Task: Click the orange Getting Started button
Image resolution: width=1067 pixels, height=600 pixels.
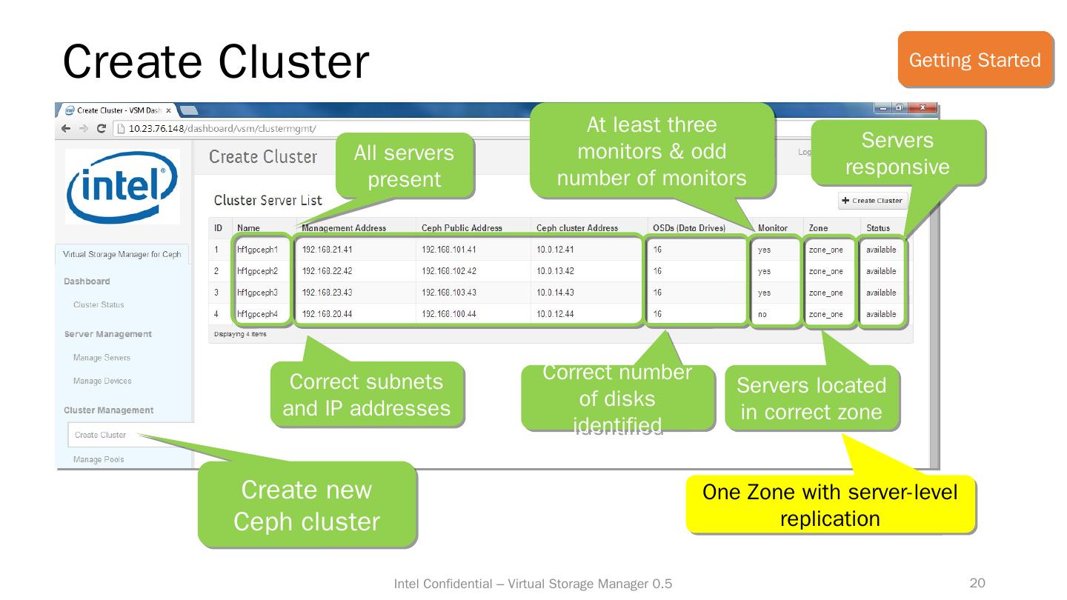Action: pyautogui.click(x=974, y=59)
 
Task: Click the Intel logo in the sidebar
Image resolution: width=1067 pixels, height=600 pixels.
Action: pyautogui.click(x=122, y=186)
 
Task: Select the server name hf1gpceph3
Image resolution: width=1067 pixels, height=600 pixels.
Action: pyautogui.click(x=257, y=293)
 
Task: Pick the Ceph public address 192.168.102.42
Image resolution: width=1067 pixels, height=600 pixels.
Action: pyautogui.click(x=449, y=271)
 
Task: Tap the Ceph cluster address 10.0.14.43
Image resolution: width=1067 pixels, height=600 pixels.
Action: pyautogui.click(x=556, y=293)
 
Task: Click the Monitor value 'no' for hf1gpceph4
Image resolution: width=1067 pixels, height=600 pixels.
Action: pyautogui.click(x=762, y=315)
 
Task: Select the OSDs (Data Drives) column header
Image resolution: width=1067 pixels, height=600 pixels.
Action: pyautogui.click(x=689, y=228)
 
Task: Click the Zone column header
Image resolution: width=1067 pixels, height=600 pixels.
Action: pyautogui.click(x=819, y=228)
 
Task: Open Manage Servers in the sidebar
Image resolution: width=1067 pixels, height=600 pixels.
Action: pyautogui.click(x=102, y=358)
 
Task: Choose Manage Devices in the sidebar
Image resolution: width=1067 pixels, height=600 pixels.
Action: pyautogui.click(x=102, y=381)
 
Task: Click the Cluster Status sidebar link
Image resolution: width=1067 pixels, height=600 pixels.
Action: pyautogui.click(x=99, y=305)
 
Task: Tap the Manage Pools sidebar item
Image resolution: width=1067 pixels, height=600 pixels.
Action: pyautogui.click(x=99, y=459)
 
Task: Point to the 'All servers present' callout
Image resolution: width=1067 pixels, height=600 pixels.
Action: pyautogui.click(x=405, y=166)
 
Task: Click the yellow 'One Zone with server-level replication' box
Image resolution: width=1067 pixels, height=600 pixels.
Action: pyautogui.click(x=830, y=505)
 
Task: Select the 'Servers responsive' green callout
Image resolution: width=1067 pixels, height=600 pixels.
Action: pyautogui.click(x=897, y=153)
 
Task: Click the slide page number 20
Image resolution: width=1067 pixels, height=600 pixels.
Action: pyautogui.click(x=977, y=584)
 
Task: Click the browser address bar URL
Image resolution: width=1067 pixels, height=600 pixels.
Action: pyautogui.click(x=222, y=129)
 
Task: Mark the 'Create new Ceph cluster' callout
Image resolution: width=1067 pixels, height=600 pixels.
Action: pyautogui.click(x=306, y=505)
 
